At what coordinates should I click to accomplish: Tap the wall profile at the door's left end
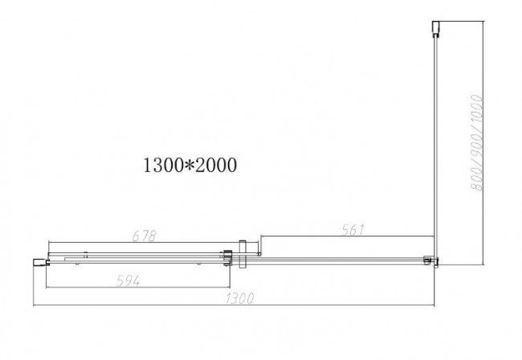(x=38, y=260)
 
